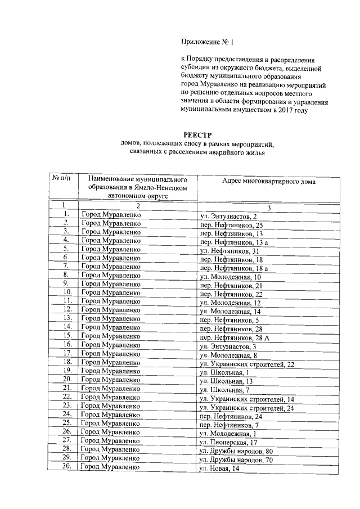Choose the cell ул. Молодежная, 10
[231, 277]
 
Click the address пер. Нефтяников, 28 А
[235, 337]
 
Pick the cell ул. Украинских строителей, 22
[247, 363]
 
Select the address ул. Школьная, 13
[225, 380]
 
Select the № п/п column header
[62, 178]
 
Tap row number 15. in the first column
[67, 336]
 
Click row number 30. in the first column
[67, 466]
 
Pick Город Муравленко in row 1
[111, 215]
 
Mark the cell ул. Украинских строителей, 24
[247, 407]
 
